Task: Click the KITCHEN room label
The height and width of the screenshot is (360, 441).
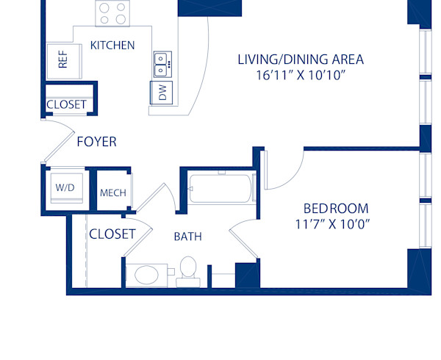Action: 112,46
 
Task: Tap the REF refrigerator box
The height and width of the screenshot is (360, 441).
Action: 62,59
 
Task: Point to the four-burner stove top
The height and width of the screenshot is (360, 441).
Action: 112,13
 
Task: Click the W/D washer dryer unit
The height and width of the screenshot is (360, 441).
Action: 65,188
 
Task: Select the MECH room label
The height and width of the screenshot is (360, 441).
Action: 112,193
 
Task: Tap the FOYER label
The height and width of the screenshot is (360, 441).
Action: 96,142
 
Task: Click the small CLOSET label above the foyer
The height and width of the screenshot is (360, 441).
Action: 66,105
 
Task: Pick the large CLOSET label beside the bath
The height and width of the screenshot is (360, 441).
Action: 112,234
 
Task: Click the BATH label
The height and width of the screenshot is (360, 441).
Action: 187,237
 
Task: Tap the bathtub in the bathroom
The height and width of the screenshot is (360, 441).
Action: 220,189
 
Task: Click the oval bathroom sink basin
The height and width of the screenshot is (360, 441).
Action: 147,275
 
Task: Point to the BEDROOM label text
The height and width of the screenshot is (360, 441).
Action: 336,208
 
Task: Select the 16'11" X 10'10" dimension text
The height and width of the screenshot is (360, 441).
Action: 301,74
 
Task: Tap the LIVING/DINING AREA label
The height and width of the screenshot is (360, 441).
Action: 301,59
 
